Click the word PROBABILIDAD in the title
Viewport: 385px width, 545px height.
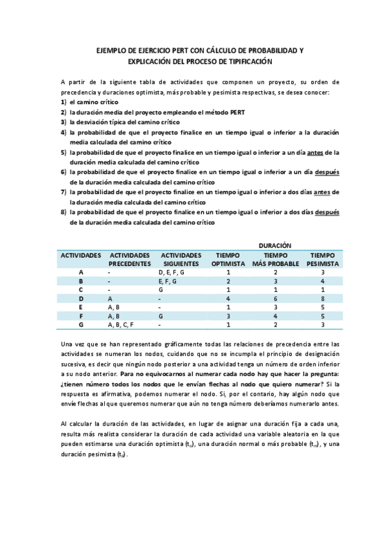coord(260,50)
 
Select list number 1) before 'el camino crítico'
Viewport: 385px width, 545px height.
coord(64,102)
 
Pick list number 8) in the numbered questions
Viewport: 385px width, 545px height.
coord(64,212)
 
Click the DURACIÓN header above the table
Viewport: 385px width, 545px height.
coord(275,246)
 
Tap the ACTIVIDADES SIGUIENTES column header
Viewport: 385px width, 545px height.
coord(181,259)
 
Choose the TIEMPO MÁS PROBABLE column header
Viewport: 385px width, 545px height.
coord(275,259)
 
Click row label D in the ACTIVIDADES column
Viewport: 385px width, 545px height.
coord(81,298)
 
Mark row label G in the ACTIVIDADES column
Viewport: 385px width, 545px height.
coord(81,325)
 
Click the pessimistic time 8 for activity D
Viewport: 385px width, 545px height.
coord(323,298)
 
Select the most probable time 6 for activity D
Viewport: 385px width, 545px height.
coord(275,298)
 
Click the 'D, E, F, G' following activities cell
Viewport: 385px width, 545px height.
coord(171,272)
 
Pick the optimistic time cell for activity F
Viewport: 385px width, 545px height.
coord(228,316)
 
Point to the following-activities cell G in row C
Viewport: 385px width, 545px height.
coord(161,290)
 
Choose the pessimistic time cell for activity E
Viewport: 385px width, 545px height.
coord(323,307)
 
